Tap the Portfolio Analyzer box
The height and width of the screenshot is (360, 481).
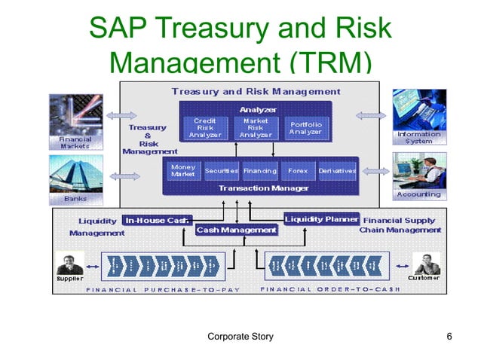click(x=305, y=127)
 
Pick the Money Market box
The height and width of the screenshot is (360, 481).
click(x=183, y=170)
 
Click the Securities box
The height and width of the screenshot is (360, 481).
click(x=222, y=171)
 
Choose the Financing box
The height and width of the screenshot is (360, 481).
click(x=259, y=171)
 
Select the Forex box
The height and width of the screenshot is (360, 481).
click(x=297, y=171)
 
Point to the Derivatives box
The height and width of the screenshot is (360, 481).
click(x=337, y=171)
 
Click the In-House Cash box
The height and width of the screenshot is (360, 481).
click(x=157, y=220)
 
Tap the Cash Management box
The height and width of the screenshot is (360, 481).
click(x=237, y=230)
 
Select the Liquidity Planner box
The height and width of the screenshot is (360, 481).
click(x=321, y=219)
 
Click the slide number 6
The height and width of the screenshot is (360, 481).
click(x=449, y=336)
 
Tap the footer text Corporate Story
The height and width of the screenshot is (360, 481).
click(x=240, y=336)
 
